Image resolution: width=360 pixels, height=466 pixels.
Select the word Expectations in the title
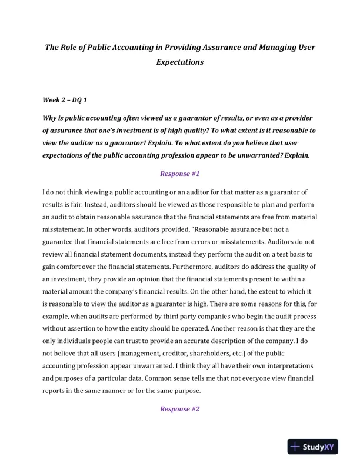(180, 61)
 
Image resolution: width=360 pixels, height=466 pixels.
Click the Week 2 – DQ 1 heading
(65, 101)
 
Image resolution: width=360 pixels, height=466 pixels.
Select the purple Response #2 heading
(180, 408)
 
